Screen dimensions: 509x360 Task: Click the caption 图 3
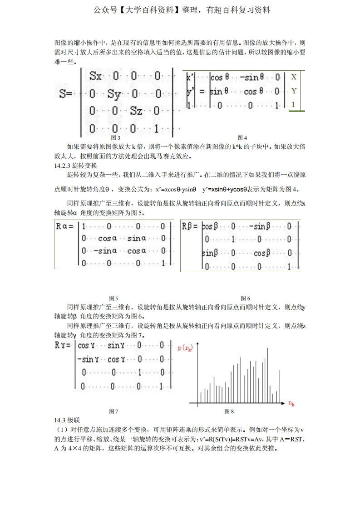(116, 137)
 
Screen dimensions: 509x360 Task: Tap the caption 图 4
(242, 137)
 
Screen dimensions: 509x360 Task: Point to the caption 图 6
(246, 298)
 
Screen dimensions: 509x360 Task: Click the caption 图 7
(113, 411)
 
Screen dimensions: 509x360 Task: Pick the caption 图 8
(229, 411)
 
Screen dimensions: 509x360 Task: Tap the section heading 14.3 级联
(67, 420)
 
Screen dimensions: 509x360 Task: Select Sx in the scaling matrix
(96, 76)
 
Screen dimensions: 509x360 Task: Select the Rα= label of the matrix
(64, 226)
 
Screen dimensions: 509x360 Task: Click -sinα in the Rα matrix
(107, 251)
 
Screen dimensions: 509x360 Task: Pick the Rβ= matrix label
(190, 226)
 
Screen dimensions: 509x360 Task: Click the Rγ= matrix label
(63, 346)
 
